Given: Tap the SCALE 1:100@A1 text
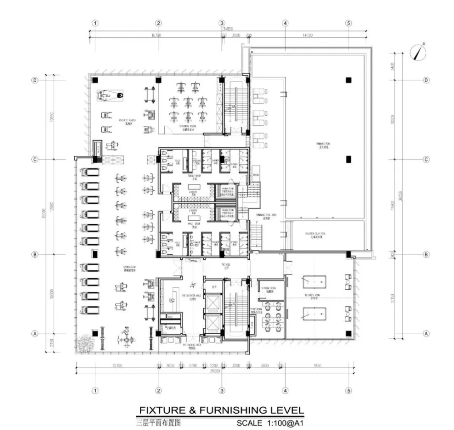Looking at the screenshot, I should point(270,423).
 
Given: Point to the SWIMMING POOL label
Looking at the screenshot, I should point(324,144).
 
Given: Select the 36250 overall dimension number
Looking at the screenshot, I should point(400,195).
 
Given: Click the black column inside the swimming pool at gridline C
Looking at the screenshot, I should point(348,159).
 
